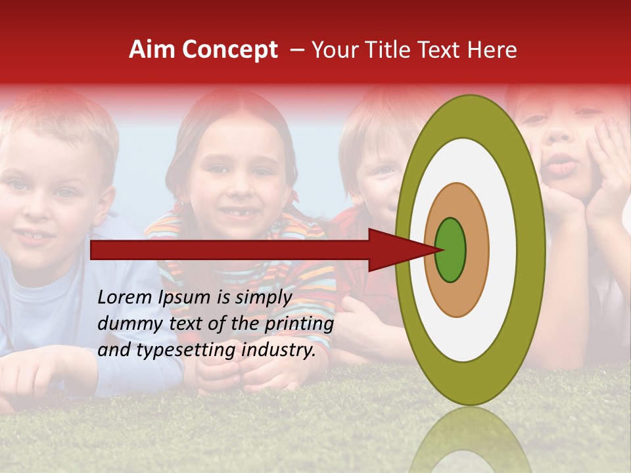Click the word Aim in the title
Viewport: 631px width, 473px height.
152,50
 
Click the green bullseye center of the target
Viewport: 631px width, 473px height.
450,250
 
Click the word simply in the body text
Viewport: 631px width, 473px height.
262,298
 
